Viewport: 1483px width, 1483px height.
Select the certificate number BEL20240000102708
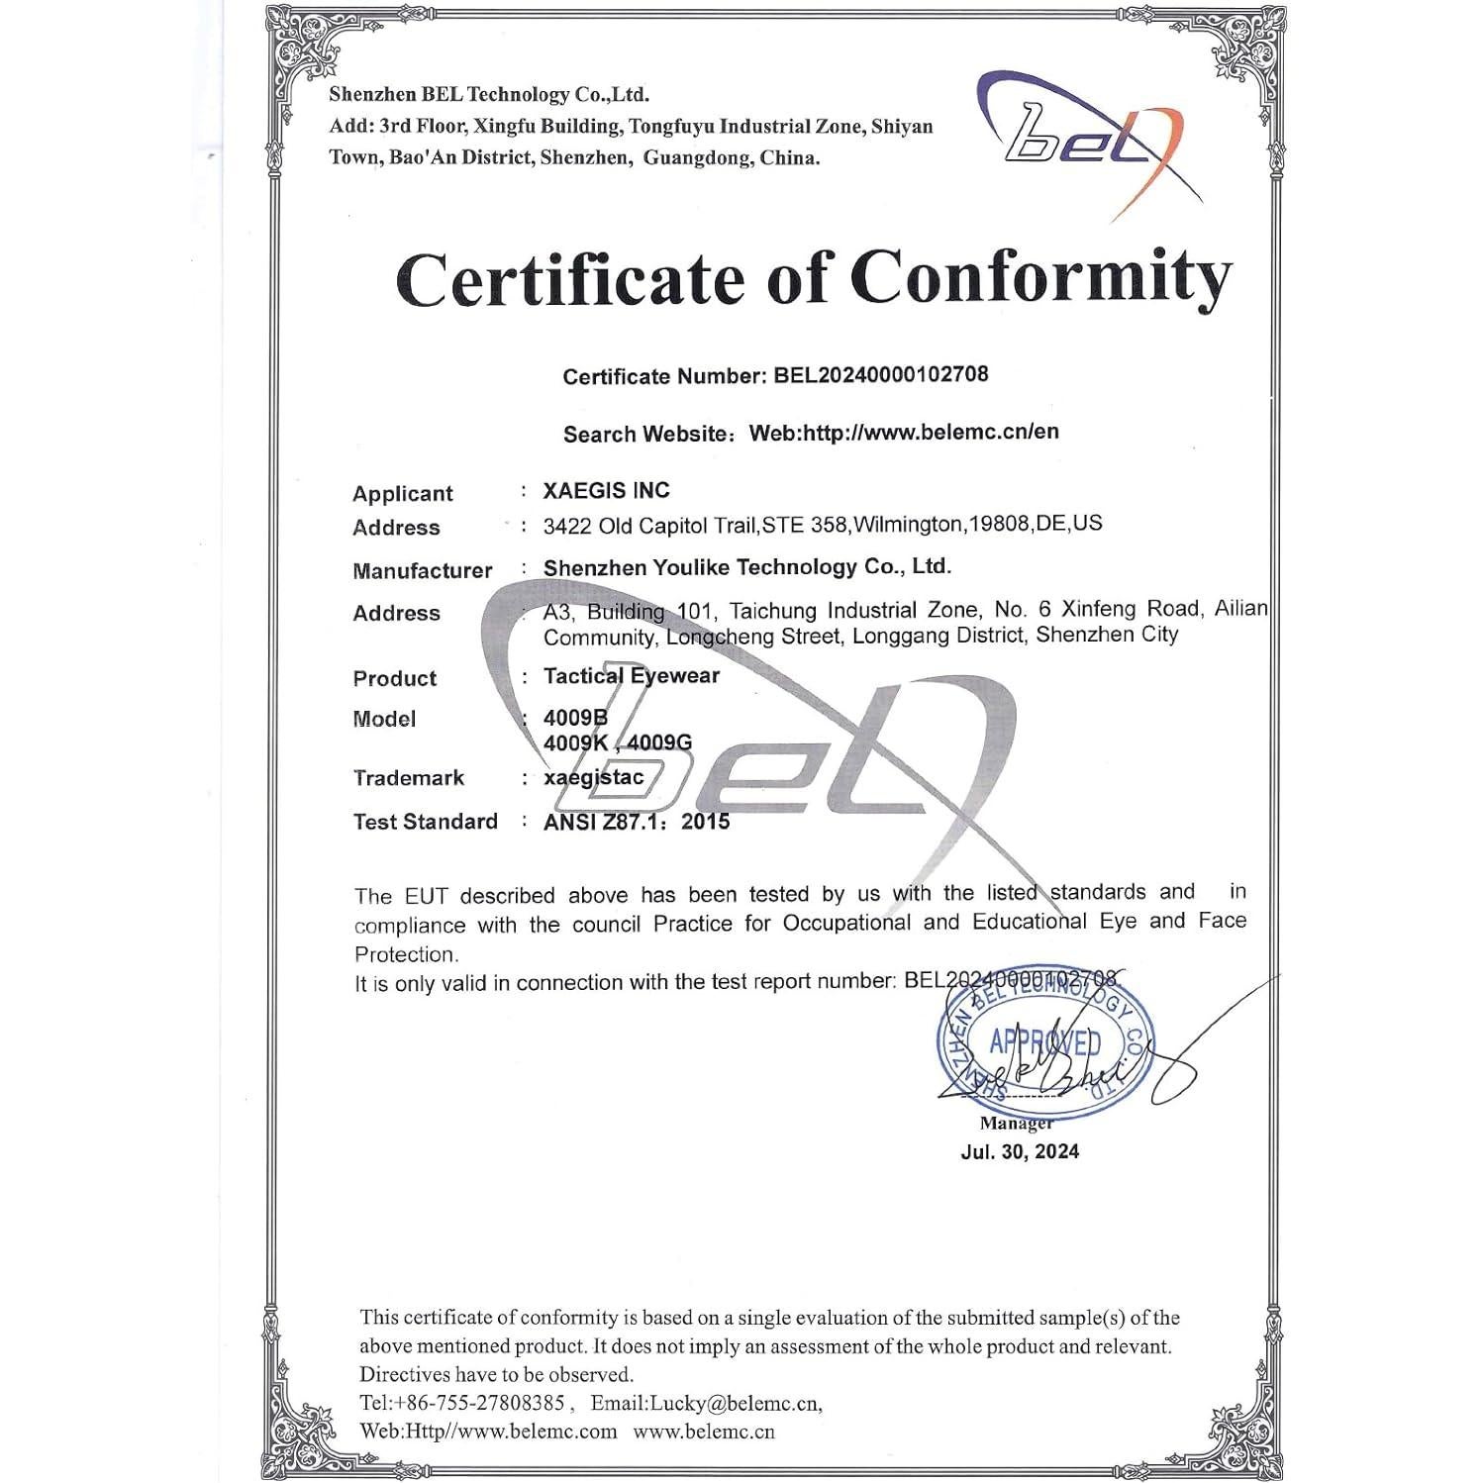pyautogui.click(x=880, y=375)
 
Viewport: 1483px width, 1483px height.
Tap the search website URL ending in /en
pyautogui.click(x=904, y=432)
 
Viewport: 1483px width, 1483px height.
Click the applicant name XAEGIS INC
pyautogui.click(x=606, y=490)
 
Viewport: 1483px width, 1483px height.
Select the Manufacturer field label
pyautogui.click(x=422, y=570)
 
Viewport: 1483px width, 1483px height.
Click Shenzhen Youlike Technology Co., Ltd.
pyautogui.click(x=746, y=567)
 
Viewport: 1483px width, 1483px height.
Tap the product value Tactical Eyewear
pyautogui.click(x=632, y=676)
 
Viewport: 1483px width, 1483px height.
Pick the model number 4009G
pyautogui.click(x=659, y=742)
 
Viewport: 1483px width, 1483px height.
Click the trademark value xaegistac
pyautogui.click(x=594, y=778)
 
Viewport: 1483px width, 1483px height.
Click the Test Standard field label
pyautogui.click(x=425, y=822)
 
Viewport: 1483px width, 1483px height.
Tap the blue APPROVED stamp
pyautogui.click(x=1044, y=1043)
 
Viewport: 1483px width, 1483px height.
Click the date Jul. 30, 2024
pyautogui.click(x=1020, y=1151)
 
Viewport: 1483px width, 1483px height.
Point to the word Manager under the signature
pyautogui.click(x=1016, y=1123)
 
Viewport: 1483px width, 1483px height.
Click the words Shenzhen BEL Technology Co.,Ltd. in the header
pyautogui.click(x=489, y=95)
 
